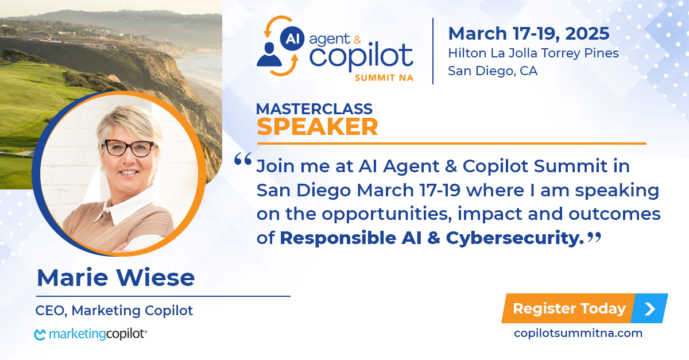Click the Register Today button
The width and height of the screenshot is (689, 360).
pos(585,308)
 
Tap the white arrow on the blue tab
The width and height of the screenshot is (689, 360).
pos(650,309)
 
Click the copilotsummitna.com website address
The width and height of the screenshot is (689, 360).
pos(578,333)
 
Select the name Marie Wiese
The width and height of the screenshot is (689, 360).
pos(115,277)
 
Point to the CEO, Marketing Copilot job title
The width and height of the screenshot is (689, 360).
pos(114,311)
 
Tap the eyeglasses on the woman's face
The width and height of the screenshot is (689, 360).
pos(129,148)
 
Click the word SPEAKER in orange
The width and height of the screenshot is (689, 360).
pos(317,127)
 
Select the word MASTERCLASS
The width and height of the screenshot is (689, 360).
pos(314,109)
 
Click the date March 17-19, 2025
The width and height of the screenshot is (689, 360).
pos(529,33)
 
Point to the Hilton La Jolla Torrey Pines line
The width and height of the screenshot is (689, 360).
pos(533,53)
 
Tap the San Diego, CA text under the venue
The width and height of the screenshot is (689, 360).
pos(493,71)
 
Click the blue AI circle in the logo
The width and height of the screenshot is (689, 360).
pos(292,39)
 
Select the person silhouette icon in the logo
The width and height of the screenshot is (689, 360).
pos(269,55)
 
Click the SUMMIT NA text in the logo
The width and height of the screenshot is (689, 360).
pos(384,78)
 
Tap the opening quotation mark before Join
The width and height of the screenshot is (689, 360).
pos(243,159)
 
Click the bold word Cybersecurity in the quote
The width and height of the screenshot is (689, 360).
pos(515,238)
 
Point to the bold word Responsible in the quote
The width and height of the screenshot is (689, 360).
pos(338,238)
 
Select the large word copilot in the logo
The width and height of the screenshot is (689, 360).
pos(361,56)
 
